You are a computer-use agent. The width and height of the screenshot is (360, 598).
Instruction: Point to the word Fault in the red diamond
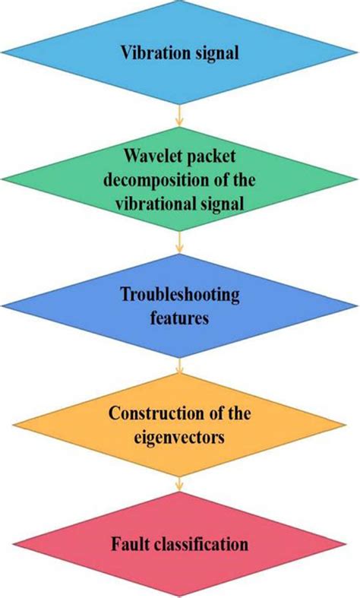pos(130,544)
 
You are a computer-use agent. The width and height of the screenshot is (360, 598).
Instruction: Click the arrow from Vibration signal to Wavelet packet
pos(180,115)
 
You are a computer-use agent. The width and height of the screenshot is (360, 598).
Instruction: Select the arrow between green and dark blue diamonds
pos(180,243)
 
